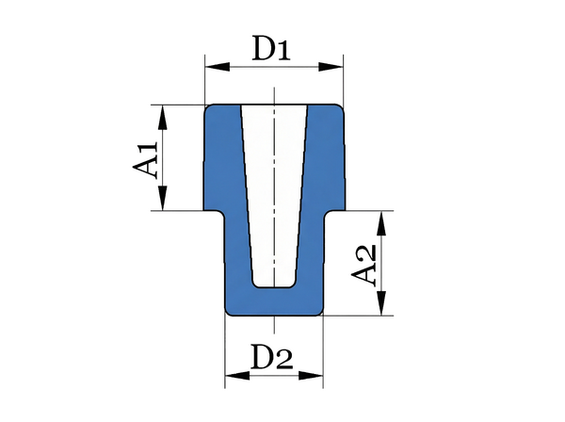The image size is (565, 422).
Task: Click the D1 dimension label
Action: click(271, 48)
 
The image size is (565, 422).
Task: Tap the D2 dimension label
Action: click(272, 357)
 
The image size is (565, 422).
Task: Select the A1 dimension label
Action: click(146, 159)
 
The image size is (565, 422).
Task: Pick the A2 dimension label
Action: click(363, 266)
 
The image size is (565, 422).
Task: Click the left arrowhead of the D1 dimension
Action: click(218, 67)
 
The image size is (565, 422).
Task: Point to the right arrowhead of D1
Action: click(331, 67)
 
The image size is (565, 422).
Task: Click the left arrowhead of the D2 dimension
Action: click(237, 376)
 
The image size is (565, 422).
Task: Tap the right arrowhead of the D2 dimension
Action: click(311, 376)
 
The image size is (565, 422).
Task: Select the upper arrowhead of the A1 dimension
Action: click(163, 118)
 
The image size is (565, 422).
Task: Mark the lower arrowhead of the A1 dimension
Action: click(163, 198)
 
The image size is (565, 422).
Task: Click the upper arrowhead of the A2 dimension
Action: click(381, 223)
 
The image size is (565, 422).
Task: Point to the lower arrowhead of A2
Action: click(381, 303)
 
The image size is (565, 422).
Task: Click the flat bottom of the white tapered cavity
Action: click(274, 287)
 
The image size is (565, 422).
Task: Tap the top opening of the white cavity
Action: click(274, 105)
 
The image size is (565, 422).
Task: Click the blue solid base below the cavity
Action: click(274, 302)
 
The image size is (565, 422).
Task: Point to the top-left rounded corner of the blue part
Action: click(208, 107)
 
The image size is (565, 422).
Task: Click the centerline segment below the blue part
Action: click(274, 325)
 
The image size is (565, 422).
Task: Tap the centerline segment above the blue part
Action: click(274, 95)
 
